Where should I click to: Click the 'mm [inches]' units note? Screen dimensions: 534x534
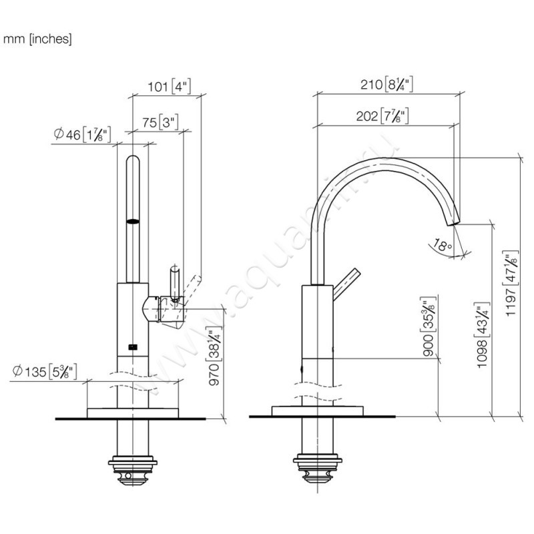click(x=37, y=39)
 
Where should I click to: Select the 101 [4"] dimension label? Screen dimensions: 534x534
click(x=169, y=86)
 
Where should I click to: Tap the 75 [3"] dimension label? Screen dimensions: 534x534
click(x=161, y=122)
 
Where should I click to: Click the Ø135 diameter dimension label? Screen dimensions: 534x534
click(x=45, y=372)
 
